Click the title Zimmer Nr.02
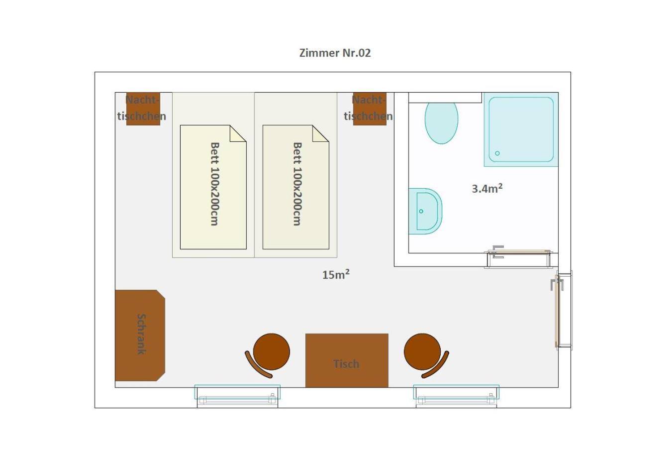click(x=335, y=53)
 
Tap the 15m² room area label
click(x=336, y=274)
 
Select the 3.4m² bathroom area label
click(x=487, y=188)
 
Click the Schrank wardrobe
click(x=140, y=336)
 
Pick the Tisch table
click(x=347, y=360)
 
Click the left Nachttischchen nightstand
click(x=143, y=109)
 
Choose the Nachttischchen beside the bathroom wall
click(x=370, y=109)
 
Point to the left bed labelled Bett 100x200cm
click(x=213, y=187)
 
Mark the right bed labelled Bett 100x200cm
click(x=296, y=187)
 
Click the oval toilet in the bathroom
click(x=441, y=123)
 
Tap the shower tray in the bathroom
click(x=521, y=129)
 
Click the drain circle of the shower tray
click(x=497, y=153)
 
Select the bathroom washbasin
click(x=425, y=211)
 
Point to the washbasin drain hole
click(x=421, y=211)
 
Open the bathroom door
click(x=519, y=257)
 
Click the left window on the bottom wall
click(x=237, y=396)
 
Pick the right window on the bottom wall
click(x=456, y=396)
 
